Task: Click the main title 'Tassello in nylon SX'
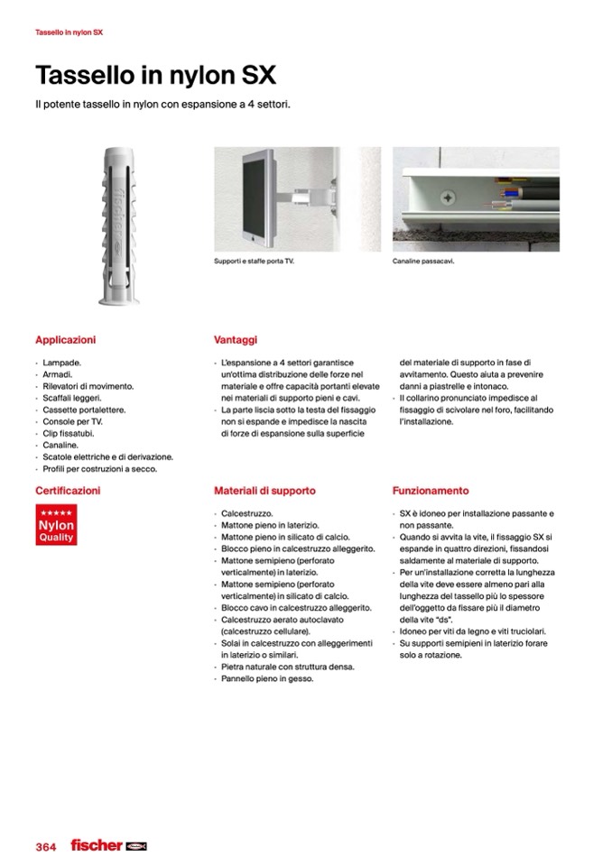tap(155, 75)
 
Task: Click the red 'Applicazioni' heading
tap(65, 340)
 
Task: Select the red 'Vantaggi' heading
tap(235, 340)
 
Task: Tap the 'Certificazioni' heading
tap(68, 491)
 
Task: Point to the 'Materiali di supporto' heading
tap(264, 491)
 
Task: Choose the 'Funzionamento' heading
tap(431, 491)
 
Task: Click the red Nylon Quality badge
tap(56, 525)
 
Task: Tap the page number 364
tap(45, 847)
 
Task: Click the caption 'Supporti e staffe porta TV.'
tap(255, 262)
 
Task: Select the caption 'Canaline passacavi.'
tap(423, 262)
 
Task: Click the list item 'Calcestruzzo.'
tap(246, 513)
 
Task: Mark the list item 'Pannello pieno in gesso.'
tap(267, 678)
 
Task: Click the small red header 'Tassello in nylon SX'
tap(69, 32)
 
